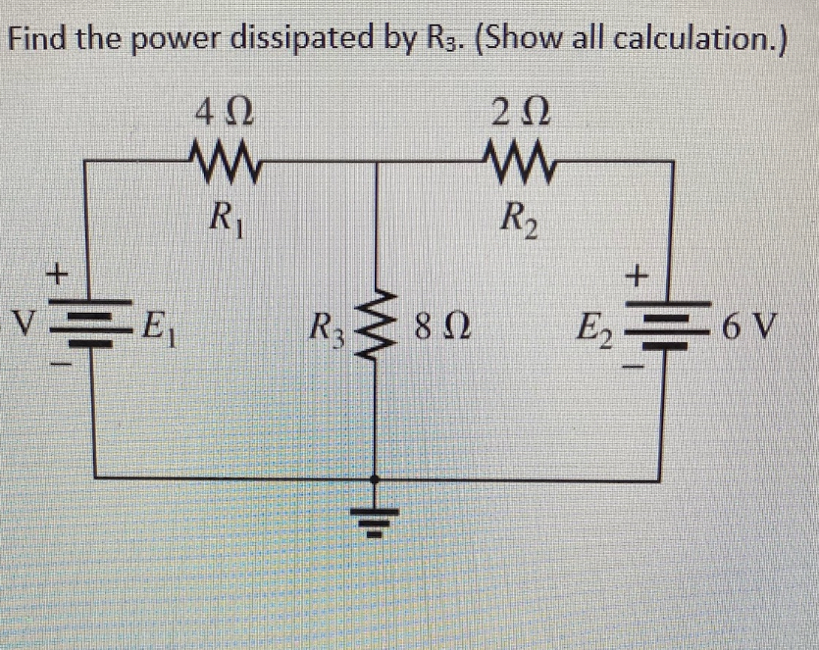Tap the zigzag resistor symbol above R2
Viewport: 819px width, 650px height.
(516, 160)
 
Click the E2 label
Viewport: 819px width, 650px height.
(593, 324)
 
